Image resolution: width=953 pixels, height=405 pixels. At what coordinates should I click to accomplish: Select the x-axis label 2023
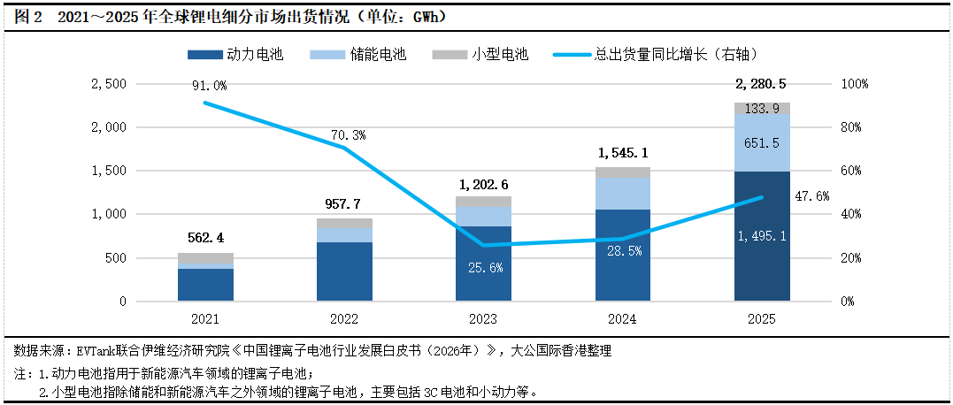tap(484, 318)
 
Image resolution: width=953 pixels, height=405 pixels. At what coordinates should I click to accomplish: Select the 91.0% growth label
tap(209, 86)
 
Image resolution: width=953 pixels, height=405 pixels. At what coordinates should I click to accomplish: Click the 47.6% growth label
tap(811, 196)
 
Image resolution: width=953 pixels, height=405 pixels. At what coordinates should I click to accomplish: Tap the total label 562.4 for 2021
tap(206, 237)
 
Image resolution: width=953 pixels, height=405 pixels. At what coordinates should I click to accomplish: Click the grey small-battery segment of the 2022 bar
tap(345, 223)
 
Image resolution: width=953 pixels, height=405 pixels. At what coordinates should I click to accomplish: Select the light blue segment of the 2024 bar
tap(623, 194)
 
